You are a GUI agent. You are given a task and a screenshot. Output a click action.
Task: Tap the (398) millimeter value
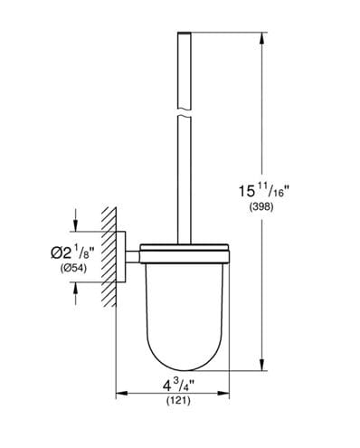(261, 207)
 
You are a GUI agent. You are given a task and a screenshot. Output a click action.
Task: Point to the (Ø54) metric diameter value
(73, 268)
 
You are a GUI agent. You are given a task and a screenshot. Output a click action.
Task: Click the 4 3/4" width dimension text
(178, 386)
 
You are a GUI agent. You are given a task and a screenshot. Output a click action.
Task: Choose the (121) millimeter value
(178, 401)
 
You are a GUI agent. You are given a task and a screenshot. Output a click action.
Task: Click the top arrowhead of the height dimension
(262, 39)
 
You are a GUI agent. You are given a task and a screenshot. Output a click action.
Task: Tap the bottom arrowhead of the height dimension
(262, 364)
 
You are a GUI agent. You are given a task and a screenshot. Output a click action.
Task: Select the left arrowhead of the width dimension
(122, 393)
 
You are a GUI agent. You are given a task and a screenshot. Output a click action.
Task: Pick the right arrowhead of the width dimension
(223, 393)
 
